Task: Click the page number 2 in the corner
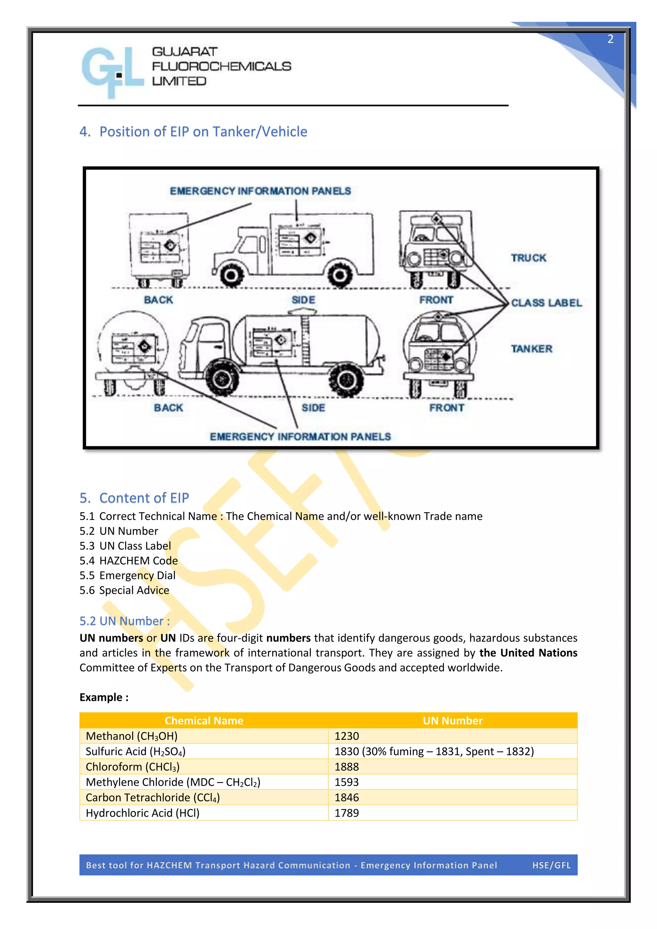click(x=610, y=39)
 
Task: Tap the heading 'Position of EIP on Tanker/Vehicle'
click(x=203, y=132)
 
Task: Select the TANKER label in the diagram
click(x=531, y=348)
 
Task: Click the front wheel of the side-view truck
click(x=231, y=275)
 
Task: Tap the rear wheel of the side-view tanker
click(x=346, y=379)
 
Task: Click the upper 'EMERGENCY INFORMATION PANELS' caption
click(x=260, y=191)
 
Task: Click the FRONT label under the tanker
click(x=447, y=407)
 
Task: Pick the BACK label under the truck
click(x=158, y=300)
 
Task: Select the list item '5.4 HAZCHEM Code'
click(x=129, y=560)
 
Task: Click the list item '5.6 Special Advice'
click(x=124, y=590)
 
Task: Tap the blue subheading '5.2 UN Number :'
click(x=124, y=621)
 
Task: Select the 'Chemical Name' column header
click(x=204, y=720)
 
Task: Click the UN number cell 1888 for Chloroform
click(x=347, y=767)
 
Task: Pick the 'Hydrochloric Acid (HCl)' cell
click(x=142, y=813)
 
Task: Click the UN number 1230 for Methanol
click(x=347, y=736)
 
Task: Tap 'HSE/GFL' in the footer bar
click(x=551, y=865)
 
